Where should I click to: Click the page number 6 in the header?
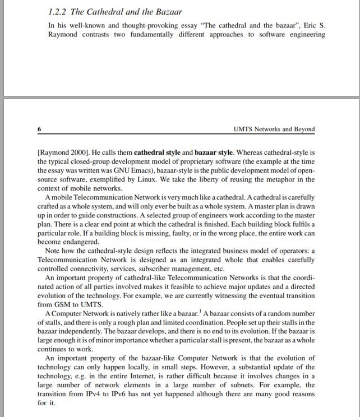[39, 129]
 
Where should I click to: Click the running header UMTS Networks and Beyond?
[273, 129]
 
